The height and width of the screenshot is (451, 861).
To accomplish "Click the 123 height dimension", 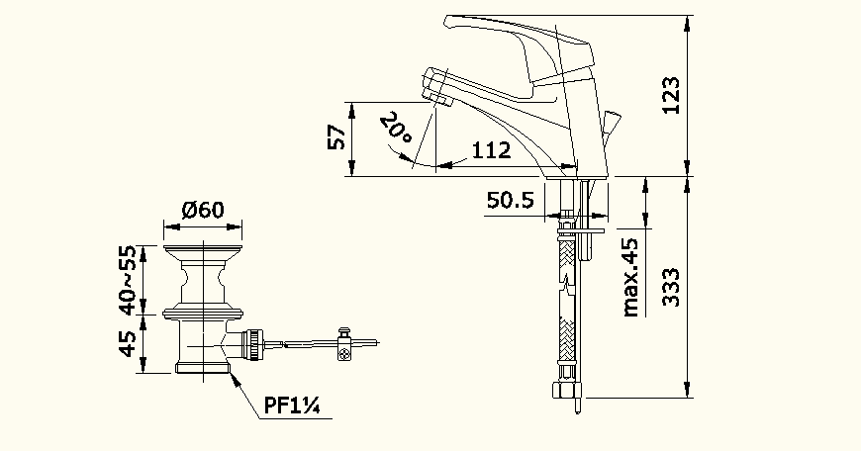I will tap(672, 96).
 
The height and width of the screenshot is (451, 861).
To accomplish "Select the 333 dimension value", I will tap(672, 288).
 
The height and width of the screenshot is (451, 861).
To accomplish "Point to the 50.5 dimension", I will tap(510, 201).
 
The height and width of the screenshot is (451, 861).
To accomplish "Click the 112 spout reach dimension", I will tap(491, 150).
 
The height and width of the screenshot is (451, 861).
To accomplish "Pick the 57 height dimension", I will tap(336, 136).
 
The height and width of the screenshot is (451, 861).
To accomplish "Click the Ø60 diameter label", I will tap(203, 210).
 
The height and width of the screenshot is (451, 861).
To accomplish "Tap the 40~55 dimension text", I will tap(128, 279).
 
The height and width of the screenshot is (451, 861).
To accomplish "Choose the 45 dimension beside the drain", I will tap(128, 344).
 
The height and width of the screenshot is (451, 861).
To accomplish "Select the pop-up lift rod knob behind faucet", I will tap(610, 123).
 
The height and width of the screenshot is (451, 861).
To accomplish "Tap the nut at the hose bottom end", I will tap(568, 392).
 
